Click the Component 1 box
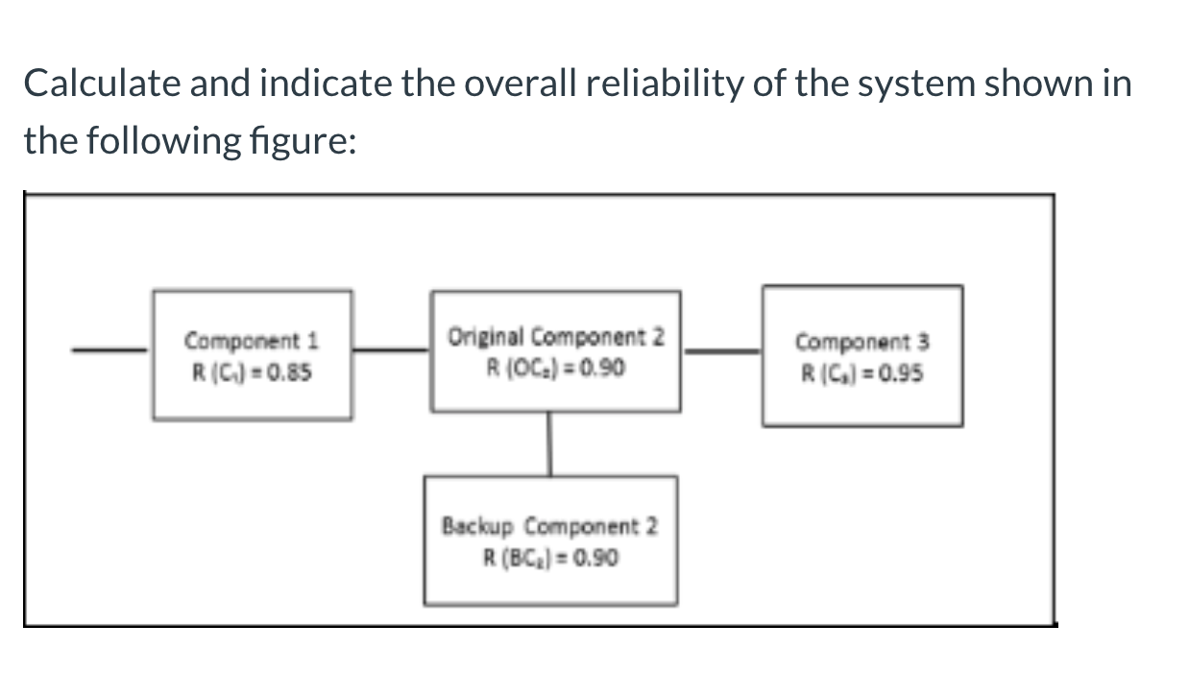252,355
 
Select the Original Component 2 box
556,351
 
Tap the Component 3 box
862,356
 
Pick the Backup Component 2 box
550,541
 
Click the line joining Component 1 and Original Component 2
391,350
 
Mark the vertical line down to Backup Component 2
550,444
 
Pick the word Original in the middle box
486,337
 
